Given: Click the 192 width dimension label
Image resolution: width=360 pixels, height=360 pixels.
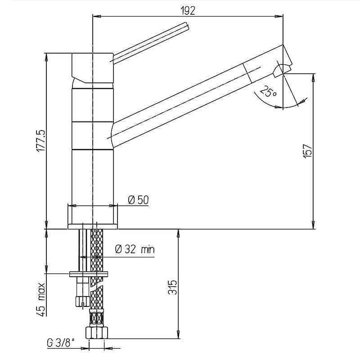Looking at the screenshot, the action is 188,10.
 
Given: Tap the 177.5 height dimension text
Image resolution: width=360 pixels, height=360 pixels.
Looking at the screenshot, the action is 41,140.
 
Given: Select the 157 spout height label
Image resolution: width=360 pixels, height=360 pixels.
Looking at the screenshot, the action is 307,151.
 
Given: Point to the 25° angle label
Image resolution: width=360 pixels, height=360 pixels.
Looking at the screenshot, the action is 269,91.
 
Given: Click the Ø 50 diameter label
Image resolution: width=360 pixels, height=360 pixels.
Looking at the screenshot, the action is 139,200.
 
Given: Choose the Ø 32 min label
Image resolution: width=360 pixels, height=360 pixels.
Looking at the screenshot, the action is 135,249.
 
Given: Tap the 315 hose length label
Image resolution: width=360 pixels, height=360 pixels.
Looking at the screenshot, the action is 173,287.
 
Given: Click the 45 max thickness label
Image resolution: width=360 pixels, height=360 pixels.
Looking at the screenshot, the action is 40,299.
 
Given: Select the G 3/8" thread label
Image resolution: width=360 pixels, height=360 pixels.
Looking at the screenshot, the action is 61,343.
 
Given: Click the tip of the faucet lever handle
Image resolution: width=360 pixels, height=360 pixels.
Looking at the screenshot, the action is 187,26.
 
